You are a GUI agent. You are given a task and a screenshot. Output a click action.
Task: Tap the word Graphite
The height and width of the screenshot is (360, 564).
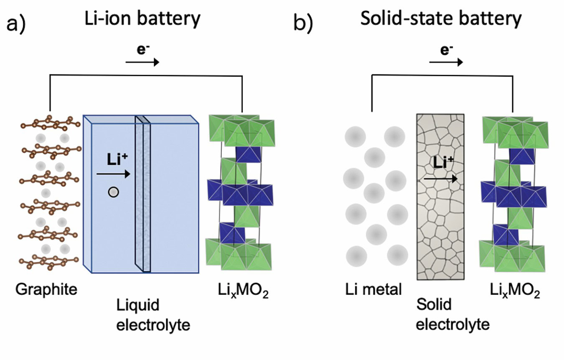pos(47,289)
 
